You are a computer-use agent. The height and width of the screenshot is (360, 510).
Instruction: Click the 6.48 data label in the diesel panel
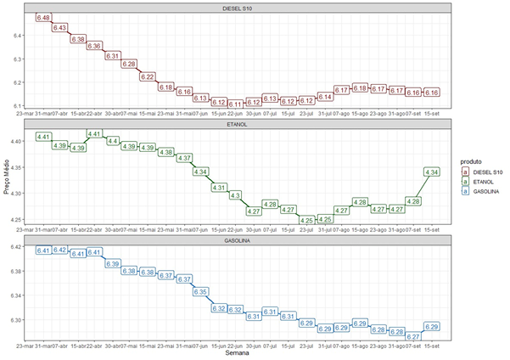[43, 18]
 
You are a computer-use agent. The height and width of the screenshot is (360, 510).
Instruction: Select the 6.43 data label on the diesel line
[60, 28]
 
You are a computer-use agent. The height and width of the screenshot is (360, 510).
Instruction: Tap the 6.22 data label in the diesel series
[147, 76]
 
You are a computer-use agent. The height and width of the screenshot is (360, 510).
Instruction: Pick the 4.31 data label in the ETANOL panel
[219, 187]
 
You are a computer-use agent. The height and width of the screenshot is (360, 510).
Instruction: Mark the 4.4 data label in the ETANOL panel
[112, 140]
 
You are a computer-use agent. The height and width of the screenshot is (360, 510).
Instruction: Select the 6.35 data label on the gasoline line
[201, 291]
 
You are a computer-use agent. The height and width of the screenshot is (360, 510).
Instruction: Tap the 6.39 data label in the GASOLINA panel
[112, 264]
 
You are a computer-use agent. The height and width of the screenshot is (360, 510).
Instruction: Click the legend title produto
[474, 160]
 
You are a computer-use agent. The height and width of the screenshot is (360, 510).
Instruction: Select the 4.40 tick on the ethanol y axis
[17, 141]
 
